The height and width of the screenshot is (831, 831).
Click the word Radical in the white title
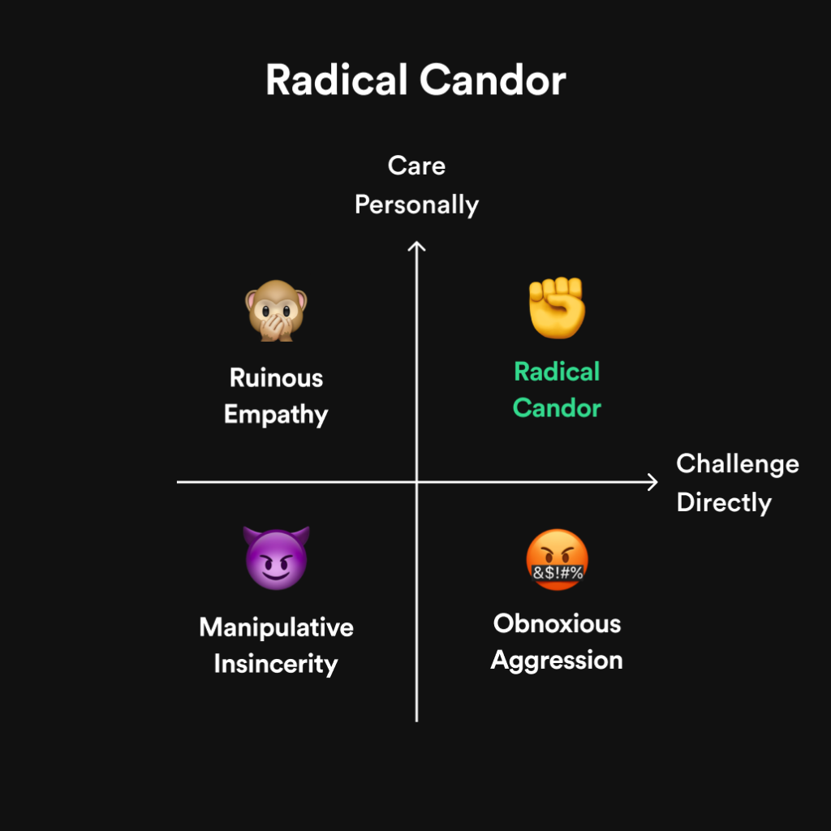pyautogui.click(x=337, y=80)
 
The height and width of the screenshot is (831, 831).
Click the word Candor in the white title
pyautogui.click(x=493, y=80)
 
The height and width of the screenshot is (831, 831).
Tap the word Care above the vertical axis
pyautogui.click(x=416, y=166)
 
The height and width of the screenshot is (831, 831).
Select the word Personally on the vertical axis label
pyautogui.click(x=416, y=205)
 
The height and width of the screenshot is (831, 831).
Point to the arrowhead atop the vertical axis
pyautogui.click(x=416, y=247)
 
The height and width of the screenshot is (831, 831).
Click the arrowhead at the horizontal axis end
pyautogui.click(x=653, y=482)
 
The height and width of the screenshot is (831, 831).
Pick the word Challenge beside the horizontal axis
pyautogui.click(x=738, y=465)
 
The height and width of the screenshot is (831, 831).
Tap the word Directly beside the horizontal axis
pyautogui.click(x=724, y=503)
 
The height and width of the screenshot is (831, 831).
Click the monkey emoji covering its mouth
pyautogui.click(x=276, y=311)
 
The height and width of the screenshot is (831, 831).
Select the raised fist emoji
pyautogui.click(x=557, y=308)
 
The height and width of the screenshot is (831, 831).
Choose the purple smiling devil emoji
pyautogui.click(x=276, y=558)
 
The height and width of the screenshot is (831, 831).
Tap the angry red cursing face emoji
pyautogui.click(x=557, y=560)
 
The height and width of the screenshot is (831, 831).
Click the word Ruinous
pyautogui.click(x=276, y=378)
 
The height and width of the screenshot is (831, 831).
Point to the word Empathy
pyautogui.click(x=276, y=415)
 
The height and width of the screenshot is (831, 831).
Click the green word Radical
pyautogui.click(x=557, y=372)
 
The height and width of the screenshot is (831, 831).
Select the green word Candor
pyautogui.click(x=557, y=408)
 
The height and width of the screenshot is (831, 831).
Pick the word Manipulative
pyautogui.click(x=276, y=627)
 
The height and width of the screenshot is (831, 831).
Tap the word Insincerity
pyautogui.click(x=276, y=665)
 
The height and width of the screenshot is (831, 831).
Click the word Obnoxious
pyautogui.click(x=557, y=624)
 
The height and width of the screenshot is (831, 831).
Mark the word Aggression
pyautogui.click(x=557, y=661)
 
